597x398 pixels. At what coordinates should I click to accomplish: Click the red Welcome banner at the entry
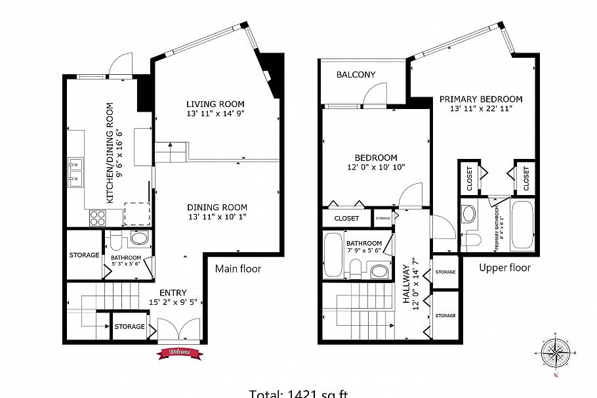pos(180,353)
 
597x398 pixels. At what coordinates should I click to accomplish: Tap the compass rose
pos(556,355)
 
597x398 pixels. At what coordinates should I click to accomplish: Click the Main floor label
pos(238,269)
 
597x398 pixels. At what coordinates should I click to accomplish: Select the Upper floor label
pos(504,268)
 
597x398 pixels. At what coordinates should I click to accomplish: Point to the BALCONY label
pos(356,75)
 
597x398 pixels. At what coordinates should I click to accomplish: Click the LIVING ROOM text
pos(215,104)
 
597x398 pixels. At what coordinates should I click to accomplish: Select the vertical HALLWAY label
pos(407,286)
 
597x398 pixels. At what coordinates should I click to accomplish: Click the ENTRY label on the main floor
pos(173,293)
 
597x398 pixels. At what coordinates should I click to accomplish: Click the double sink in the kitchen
pos(76,172)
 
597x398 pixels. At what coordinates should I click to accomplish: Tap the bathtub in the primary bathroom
pos(522,226)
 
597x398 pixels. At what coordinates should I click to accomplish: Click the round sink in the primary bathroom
pos(469,213)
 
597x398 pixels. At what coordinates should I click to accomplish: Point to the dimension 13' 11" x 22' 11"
pos(481,109)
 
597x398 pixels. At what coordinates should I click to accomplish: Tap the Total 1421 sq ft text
pos(298,393)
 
